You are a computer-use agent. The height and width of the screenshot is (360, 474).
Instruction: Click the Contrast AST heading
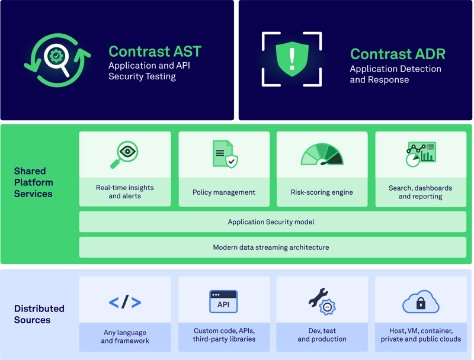(155, 52)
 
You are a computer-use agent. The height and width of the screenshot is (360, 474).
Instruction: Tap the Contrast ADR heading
(397, 54)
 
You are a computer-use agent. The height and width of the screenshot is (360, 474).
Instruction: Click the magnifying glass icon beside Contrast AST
(57, 60)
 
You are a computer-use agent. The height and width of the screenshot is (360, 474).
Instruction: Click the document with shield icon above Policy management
(224, 154)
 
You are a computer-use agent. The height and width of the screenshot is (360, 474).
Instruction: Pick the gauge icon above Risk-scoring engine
(322, 154)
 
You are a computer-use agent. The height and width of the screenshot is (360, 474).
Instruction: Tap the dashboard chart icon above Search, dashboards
(421, 154)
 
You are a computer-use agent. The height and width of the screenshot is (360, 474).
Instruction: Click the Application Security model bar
(272, 222)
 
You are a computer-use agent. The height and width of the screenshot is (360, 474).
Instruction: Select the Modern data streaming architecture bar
(272, 247)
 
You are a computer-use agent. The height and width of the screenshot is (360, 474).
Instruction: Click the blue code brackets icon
(125, 302)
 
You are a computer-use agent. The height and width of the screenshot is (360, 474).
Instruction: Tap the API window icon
(223, 302)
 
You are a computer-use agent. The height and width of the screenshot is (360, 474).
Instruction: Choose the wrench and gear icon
(322, 301)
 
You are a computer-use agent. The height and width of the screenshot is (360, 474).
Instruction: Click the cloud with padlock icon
(421, 302)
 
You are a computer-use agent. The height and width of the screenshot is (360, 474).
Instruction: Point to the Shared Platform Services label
(33, 182)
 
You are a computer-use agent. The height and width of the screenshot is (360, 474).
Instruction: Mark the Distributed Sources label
(39, 314)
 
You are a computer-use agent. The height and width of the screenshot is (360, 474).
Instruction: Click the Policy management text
(224, 192)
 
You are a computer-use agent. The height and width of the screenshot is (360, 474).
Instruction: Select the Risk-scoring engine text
(322, 192)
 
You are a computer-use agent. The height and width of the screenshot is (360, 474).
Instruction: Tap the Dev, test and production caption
(322, 335)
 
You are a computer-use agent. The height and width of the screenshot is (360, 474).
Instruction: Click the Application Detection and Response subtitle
(395, 74)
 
